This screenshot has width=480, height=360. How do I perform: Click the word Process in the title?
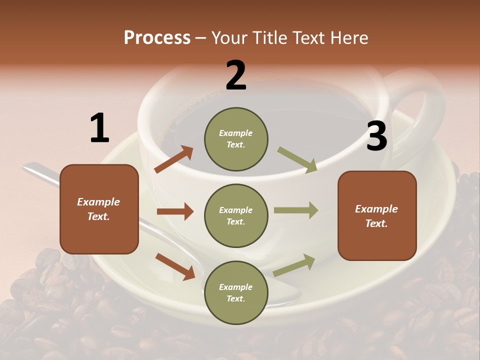[x=157, y=37]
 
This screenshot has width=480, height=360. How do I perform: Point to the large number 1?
[x=99, y=128]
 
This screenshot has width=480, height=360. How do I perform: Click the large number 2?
[x=236, y=75]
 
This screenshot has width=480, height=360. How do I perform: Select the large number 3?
[x=376, y=136]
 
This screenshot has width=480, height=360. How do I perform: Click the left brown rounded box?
[x=99, y=209]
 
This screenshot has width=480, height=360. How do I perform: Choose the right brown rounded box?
[x=377, y=216]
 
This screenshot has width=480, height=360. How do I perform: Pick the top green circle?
[x=236, y=138]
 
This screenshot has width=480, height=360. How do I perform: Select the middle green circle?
[x=236, y=215]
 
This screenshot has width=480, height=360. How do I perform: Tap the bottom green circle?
[x=236, y=292]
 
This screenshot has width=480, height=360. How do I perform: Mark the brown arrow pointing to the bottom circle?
[x=175, y=266]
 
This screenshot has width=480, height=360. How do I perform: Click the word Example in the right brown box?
[x=376, y=209]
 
